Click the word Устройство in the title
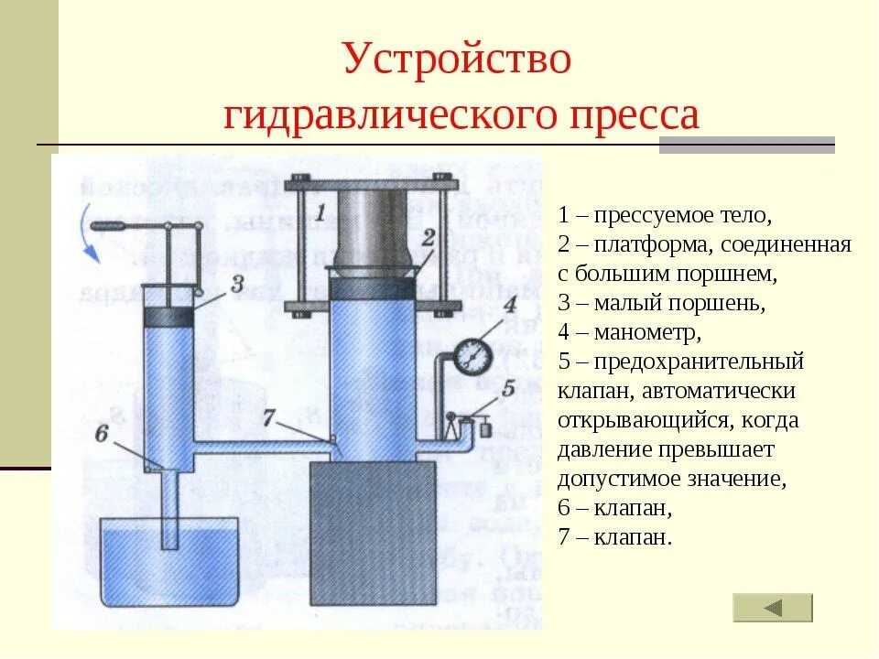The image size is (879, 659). coord(457,60)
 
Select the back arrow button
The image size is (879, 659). coord(773,608)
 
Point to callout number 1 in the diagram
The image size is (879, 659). coord(320,213)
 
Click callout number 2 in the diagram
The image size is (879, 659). coord(429,237)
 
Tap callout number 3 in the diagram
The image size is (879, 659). coord(236,282)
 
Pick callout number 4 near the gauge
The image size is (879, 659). coord(508,303)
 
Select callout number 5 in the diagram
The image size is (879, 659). coord(508,385)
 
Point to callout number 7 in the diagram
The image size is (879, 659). coord(268,417)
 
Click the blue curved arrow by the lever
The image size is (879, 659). coord(90,236)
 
